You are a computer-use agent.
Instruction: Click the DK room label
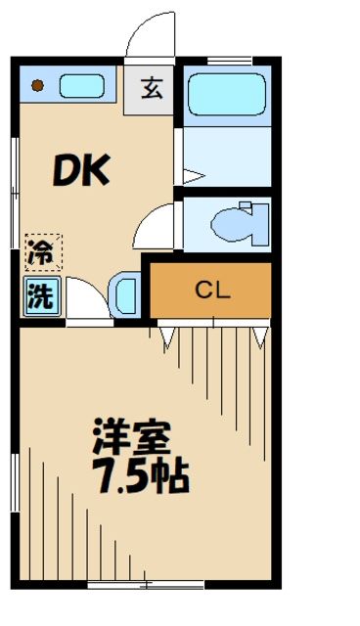[80, 173]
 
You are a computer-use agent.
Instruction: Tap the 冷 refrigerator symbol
[40, 252]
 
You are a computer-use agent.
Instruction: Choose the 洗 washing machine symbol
[40, 295]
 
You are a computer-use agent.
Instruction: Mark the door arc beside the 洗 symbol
[86, 297]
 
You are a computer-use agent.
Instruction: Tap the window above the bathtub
[227, 60]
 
